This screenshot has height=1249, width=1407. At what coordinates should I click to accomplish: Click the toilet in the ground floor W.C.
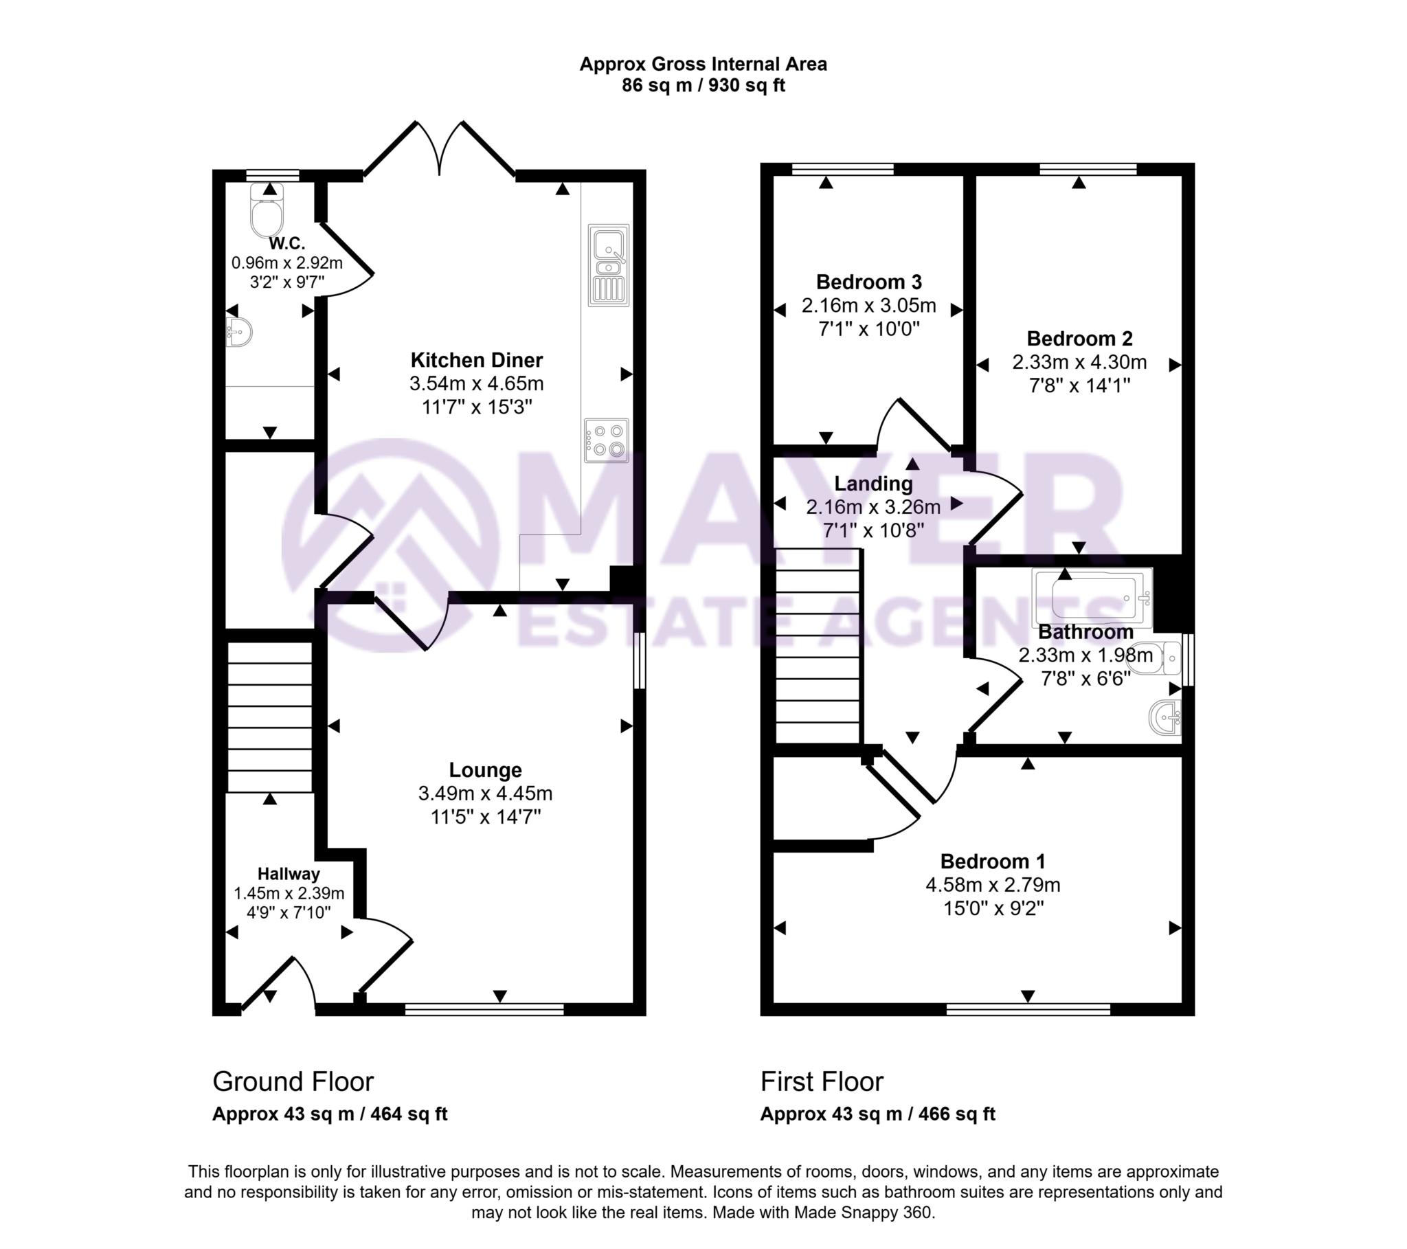267,210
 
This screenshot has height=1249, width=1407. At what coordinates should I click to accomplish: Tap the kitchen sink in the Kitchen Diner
609,265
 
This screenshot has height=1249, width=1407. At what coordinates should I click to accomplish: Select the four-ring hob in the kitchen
607,440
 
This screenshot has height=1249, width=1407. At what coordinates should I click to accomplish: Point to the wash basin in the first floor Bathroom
1164,717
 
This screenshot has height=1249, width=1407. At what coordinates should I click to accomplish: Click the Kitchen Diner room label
476,360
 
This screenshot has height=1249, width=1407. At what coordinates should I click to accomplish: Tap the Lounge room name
485,769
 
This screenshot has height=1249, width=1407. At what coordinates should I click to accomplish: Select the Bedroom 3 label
868,282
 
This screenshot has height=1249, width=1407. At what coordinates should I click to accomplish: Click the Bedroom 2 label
1079,339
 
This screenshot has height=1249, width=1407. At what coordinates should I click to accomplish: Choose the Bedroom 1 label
993,862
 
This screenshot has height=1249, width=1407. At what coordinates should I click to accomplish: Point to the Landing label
873,484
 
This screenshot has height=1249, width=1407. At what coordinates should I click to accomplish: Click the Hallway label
289,875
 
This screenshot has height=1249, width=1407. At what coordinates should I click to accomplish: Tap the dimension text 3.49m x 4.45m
485,794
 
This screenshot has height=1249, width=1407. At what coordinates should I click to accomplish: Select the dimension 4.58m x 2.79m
993,885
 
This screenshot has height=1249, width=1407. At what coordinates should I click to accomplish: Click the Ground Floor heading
293,1081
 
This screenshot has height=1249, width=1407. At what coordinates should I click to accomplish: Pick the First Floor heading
821,1081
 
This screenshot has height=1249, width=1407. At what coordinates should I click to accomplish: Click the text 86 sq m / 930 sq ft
703,85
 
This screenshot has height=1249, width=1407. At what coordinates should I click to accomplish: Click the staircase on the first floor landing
818,645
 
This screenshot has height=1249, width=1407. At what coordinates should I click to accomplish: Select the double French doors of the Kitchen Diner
439,149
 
